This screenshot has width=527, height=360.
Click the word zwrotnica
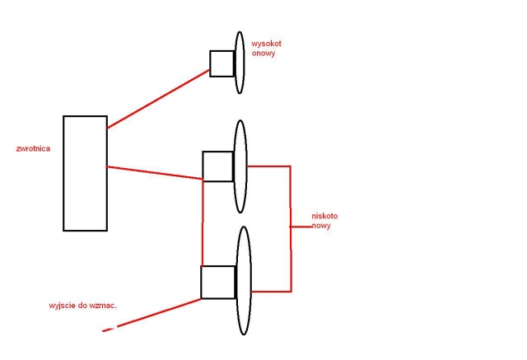[33, 148]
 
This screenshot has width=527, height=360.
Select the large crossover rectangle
[63, 174]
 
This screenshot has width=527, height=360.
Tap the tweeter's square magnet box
[210, 64]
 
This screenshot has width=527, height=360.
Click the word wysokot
[266, 44]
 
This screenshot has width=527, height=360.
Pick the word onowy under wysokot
[263, 53]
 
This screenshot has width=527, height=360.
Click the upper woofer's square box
[203, 166]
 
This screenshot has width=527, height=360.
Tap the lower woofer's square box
[201, 282]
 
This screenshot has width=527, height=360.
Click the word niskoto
[324, 216]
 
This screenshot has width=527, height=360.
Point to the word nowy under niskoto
[321, 226]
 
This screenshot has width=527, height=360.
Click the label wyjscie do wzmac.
[83, 306]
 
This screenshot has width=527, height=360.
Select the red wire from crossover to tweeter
[158, 99]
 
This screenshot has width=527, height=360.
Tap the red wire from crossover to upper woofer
[155, 173]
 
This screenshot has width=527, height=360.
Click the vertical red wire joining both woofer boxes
[203, 222]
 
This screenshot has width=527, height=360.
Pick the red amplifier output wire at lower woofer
[152, 315]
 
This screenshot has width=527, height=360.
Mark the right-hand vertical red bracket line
[291, 228]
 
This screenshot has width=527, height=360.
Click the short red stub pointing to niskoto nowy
[301, 227]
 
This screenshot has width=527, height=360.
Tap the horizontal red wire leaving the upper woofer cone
[269, 166]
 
